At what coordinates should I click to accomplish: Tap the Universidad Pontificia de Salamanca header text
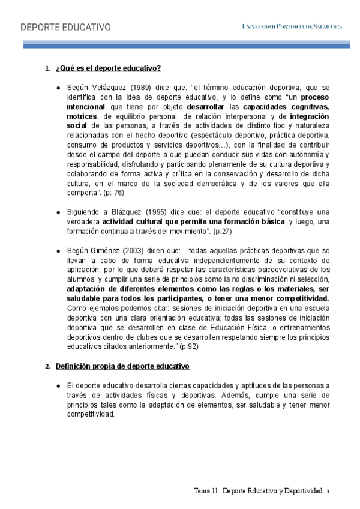pyautogui.click(x=292, y=27)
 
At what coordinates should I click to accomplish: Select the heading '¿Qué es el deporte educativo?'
pyautogui.click(x=107, y=67)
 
